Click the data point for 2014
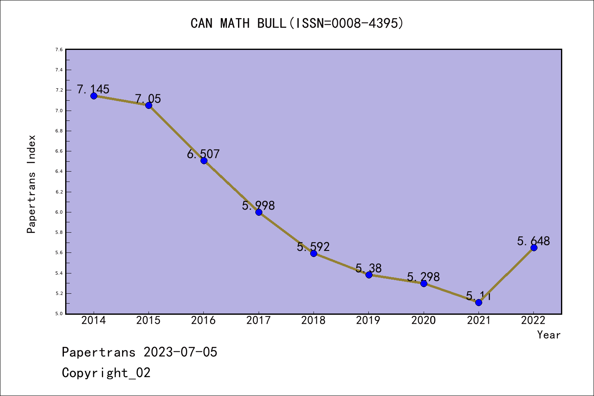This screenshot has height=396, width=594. pos(94,96)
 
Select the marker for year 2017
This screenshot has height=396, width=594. pos(259,212)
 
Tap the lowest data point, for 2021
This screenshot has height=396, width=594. pos(478,302)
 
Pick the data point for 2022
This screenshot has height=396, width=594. pos(534,247)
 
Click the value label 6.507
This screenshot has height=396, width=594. pos(203,154)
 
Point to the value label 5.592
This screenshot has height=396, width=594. pos(313,247)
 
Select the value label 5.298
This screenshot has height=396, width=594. pos(423,277)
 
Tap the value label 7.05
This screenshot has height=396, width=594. pos(148,99)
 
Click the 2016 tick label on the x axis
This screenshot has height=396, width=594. pos(203,321)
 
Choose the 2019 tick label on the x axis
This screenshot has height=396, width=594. pos(368,321)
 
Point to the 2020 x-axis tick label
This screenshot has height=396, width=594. pos(424,321)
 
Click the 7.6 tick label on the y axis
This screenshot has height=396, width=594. pos(59,49)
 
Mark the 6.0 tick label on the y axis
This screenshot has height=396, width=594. pos(59,212)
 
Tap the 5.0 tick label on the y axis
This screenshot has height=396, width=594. pos(59,313)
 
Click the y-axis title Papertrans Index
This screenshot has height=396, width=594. pos(32,184)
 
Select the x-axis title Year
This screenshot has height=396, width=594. pos(549,335)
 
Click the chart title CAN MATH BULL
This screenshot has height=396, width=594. pos(297,23)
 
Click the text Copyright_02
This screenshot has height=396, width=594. pos(106,373)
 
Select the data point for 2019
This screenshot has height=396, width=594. pos(369,275)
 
